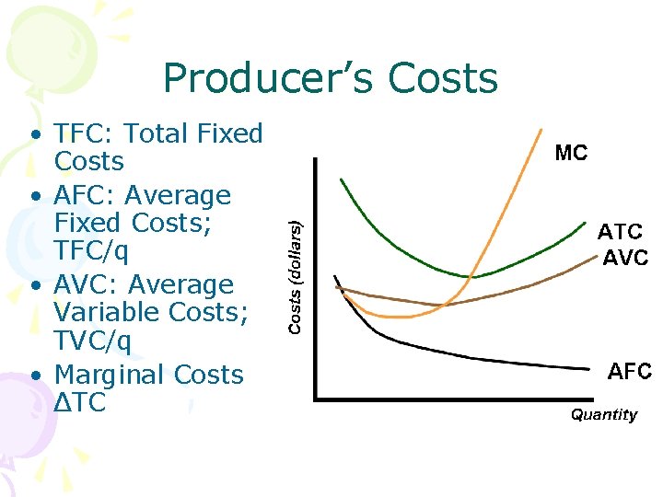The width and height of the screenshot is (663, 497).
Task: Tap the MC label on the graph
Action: click(x=571, y=153)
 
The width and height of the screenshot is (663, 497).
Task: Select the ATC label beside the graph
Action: click(x=621, y=231)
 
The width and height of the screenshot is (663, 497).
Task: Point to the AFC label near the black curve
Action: click(x=630, y=372)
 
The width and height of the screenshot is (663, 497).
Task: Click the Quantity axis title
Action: click(x=603, y=415)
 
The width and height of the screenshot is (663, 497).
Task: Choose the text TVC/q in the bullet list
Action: click(x=93, y=341)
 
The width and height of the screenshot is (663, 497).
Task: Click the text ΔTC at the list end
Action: click(x=80, y=402)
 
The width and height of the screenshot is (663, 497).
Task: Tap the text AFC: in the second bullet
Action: click(x=85, y=196)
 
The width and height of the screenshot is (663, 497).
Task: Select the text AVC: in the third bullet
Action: click(x=85, y=285)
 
